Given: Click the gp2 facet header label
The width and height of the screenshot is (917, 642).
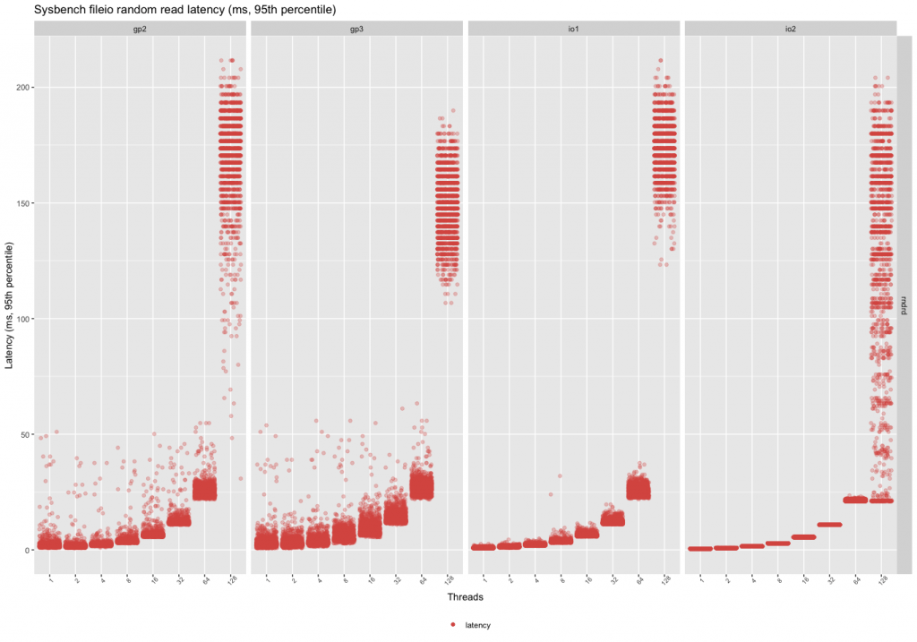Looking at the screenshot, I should point(141,28).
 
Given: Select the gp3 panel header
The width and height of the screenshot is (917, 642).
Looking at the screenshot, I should point(357,28).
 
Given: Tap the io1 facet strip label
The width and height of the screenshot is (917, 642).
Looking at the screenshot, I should point(574,28).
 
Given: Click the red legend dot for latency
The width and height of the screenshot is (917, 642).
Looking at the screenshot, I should point(453,624).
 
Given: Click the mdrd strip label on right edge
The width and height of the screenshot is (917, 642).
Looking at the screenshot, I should point(904,304).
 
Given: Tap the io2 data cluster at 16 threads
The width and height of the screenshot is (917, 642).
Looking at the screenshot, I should point(803,537).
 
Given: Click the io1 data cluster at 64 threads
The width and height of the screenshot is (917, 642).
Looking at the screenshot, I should point(638,489).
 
